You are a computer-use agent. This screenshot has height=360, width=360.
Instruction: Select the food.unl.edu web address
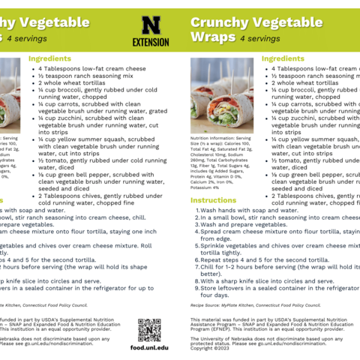pos(149,348)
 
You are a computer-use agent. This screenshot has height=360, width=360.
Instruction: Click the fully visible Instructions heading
pos(213,200)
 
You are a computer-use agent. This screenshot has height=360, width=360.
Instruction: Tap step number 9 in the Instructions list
pos(195,289)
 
